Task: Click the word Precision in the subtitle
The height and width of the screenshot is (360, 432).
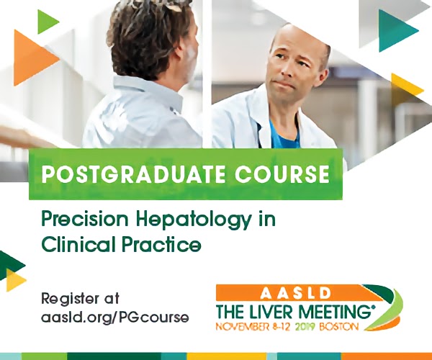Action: (85, 219)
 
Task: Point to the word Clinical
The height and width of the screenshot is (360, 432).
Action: (78, 244)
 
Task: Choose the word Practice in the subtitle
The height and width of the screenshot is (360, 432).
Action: (162, 244)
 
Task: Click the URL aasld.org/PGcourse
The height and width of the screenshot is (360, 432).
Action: (115, 318)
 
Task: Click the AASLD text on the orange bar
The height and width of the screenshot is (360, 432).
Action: (295, 293)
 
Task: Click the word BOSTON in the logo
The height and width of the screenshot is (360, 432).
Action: (338, 327)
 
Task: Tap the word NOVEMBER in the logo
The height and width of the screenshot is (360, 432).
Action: (243, 327)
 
